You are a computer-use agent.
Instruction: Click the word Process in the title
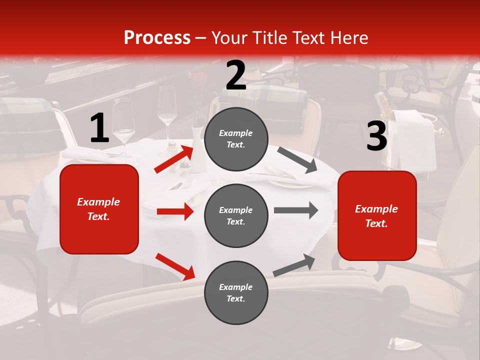click(x=157, y=38)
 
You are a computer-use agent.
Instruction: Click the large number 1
click(x=99, y=128)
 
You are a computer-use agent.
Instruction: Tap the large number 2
click(x=236, y=75)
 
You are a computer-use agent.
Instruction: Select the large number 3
click(x=376, y=136)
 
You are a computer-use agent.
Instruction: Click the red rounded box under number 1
click(x=99, y=209)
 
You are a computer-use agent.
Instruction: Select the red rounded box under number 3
click(x=377, y=216)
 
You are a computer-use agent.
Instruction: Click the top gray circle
click(x=236, y=139)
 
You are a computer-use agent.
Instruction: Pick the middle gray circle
click(x=236, y=215)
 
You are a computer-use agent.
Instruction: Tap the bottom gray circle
click(x=236, y=292)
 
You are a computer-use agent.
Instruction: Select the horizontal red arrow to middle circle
click(x=175, y=211)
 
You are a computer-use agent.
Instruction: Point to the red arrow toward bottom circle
click(x=175, y=266)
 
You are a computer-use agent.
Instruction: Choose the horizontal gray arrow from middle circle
click(x=295, y=210)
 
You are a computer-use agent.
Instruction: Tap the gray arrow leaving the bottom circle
click(x=294, y=265)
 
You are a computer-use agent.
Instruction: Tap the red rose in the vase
click(x=199, y=79)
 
